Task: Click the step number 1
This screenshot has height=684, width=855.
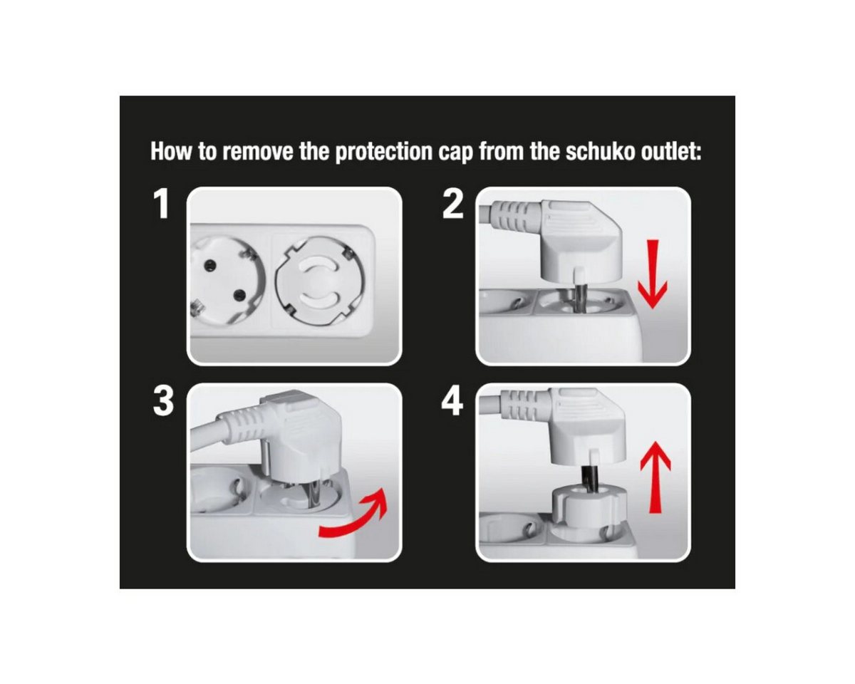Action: coord(162,204)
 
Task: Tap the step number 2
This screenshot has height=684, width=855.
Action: coord(453,204)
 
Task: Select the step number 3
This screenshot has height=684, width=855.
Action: coord(163,401)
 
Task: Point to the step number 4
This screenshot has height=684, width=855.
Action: coord(452,401)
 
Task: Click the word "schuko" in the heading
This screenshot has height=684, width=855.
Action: coord(601,152)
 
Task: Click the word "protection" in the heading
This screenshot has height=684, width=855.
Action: coord(383,152)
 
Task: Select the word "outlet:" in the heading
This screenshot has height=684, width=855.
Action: coord(671,152)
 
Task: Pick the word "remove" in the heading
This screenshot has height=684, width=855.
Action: coord(258,152)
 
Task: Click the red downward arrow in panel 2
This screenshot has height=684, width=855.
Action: coord(653,274)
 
